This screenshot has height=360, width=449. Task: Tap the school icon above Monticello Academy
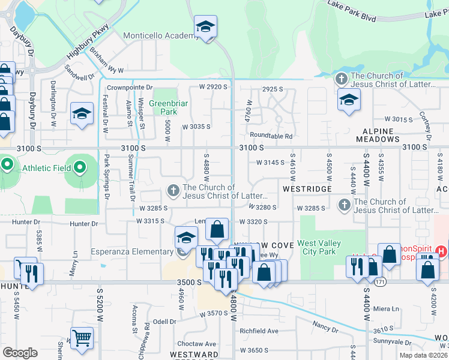(x=206, y=27)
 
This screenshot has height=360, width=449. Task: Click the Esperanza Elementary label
(x=132, y=251)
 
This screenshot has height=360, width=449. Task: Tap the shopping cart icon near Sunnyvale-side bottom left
(x=82, y=338)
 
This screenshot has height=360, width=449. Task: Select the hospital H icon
(x=443, y=251)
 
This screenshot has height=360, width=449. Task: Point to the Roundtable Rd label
(x=271, y=136)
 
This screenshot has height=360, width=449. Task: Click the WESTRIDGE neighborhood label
(x=307, y=189)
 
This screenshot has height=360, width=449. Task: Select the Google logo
(x=20, y=353)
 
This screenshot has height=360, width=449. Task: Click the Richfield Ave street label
(x=259, y=331)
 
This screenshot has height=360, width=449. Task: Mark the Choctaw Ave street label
(x=196, y=344)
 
